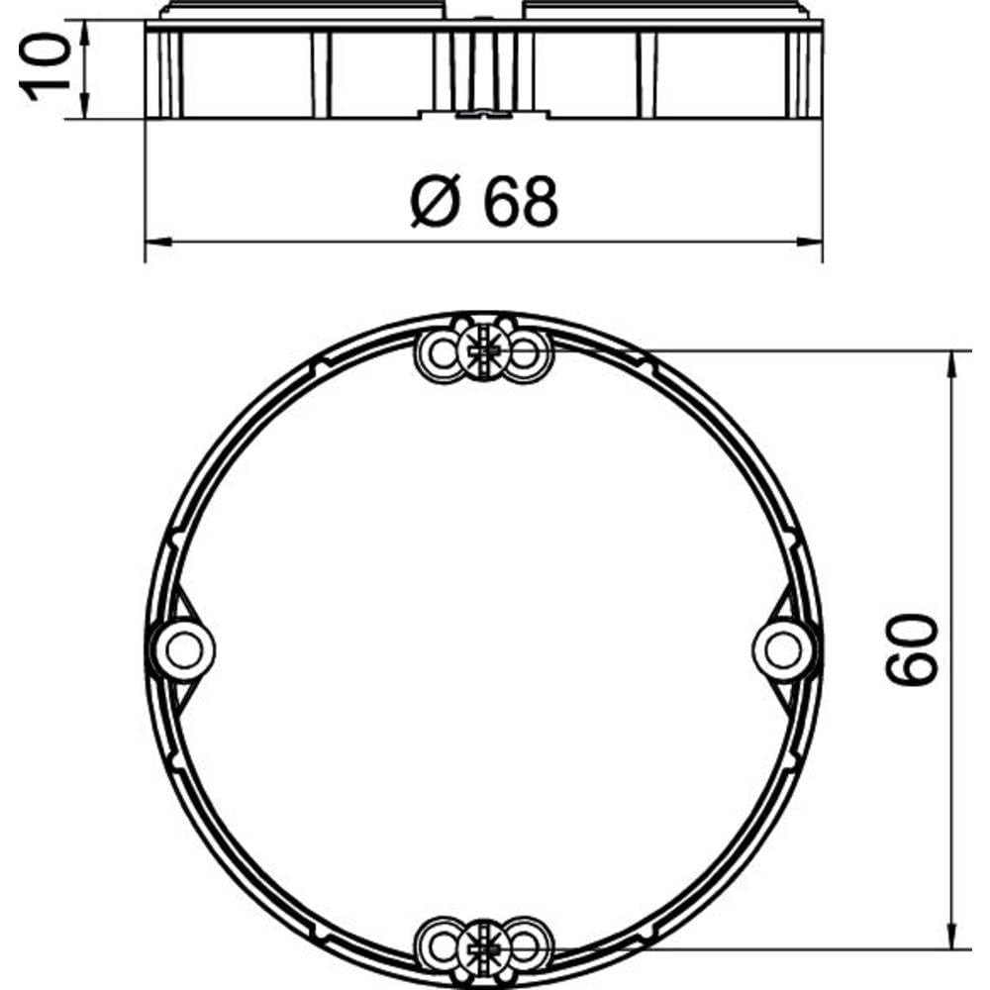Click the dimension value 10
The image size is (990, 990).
[45, 67]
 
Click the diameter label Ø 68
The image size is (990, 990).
[484, 201]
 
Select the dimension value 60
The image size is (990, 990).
[912, 649]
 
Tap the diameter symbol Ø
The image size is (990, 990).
[435, 201]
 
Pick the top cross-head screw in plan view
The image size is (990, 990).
[483, 349]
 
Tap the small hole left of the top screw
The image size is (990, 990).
[442, 353]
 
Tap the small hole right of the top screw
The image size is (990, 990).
[526, 353]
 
